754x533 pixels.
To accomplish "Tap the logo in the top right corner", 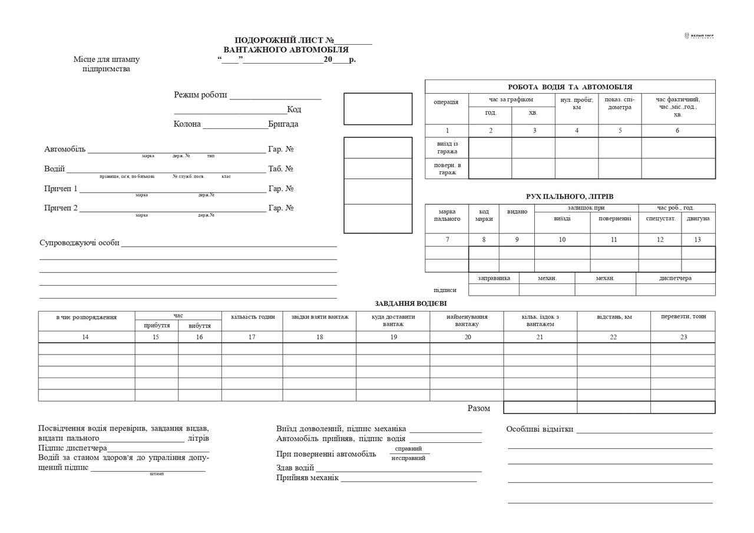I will click(699, 36).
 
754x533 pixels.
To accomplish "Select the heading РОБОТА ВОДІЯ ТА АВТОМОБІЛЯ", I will click(570, 87).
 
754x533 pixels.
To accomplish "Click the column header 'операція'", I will click(446, 102).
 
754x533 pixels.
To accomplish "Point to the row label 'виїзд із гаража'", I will click(447, 148).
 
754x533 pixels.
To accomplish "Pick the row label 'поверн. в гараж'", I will click(447, 168).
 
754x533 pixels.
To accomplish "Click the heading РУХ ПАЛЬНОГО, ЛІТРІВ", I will click(569, 197).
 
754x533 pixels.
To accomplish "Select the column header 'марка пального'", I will click(447, 215).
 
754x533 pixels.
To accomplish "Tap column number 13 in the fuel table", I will click(697, 240).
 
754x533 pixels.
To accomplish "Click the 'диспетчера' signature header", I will click(675, 278).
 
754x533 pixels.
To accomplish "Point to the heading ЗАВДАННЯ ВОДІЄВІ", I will click(411, 304).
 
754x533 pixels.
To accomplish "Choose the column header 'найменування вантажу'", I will click(467, 320).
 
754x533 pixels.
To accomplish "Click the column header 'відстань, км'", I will click(614, 317).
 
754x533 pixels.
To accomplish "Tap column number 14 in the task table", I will click(86, 337).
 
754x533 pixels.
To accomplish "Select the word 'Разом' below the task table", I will click(478, 408).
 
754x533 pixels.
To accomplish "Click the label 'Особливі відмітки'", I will click(540, 429).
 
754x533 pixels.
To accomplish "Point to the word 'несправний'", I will click(408, 458).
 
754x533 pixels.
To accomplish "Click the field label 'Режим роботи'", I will click(200, 95).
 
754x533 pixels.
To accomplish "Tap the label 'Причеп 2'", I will click(61, 208).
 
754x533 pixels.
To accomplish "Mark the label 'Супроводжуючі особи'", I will click(80, 243).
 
